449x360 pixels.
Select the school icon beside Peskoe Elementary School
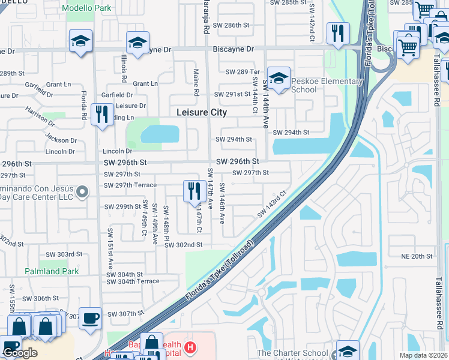click(x=279, y=78)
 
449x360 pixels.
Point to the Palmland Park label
click(x=52, y=271)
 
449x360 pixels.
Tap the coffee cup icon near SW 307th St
click(x=91, y=318)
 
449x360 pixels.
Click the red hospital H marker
click(x=190, y=347)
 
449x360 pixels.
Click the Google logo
click(x=20, y=353)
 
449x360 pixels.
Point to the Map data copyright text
click(x=423, y=355)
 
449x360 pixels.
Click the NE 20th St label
click(x=417, y=256)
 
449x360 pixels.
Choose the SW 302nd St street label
click(x=184, y=245)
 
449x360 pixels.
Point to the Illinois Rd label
click(x=124, y=68)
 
